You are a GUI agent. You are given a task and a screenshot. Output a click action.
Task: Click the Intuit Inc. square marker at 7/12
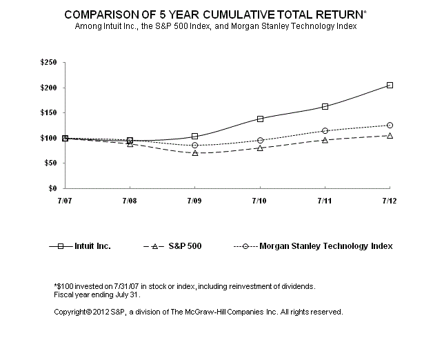(390, 85)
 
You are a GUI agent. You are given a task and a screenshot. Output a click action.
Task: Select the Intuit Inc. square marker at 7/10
(260, 119)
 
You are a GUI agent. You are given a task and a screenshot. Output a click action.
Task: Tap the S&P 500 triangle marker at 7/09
(195, 152)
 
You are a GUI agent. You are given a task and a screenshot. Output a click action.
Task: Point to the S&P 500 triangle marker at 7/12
(390, 135)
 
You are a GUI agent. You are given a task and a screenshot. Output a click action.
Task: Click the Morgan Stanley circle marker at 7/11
(325, 130)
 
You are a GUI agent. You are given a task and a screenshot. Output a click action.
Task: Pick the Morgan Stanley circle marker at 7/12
(390, 125)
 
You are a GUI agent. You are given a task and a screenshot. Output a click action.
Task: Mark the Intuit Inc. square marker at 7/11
(325, 106)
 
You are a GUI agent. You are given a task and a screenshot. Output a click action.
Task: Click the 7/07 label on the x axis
(65, 199)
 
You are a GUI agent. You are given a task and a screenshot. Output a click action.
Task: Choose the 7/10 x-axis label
(260, 199)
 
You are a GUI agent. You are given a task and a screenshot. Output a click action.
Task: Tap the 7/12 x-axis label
(390, 199)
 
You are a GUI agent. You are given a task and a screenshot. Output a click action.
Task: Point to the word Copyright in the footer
(72, 312)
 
